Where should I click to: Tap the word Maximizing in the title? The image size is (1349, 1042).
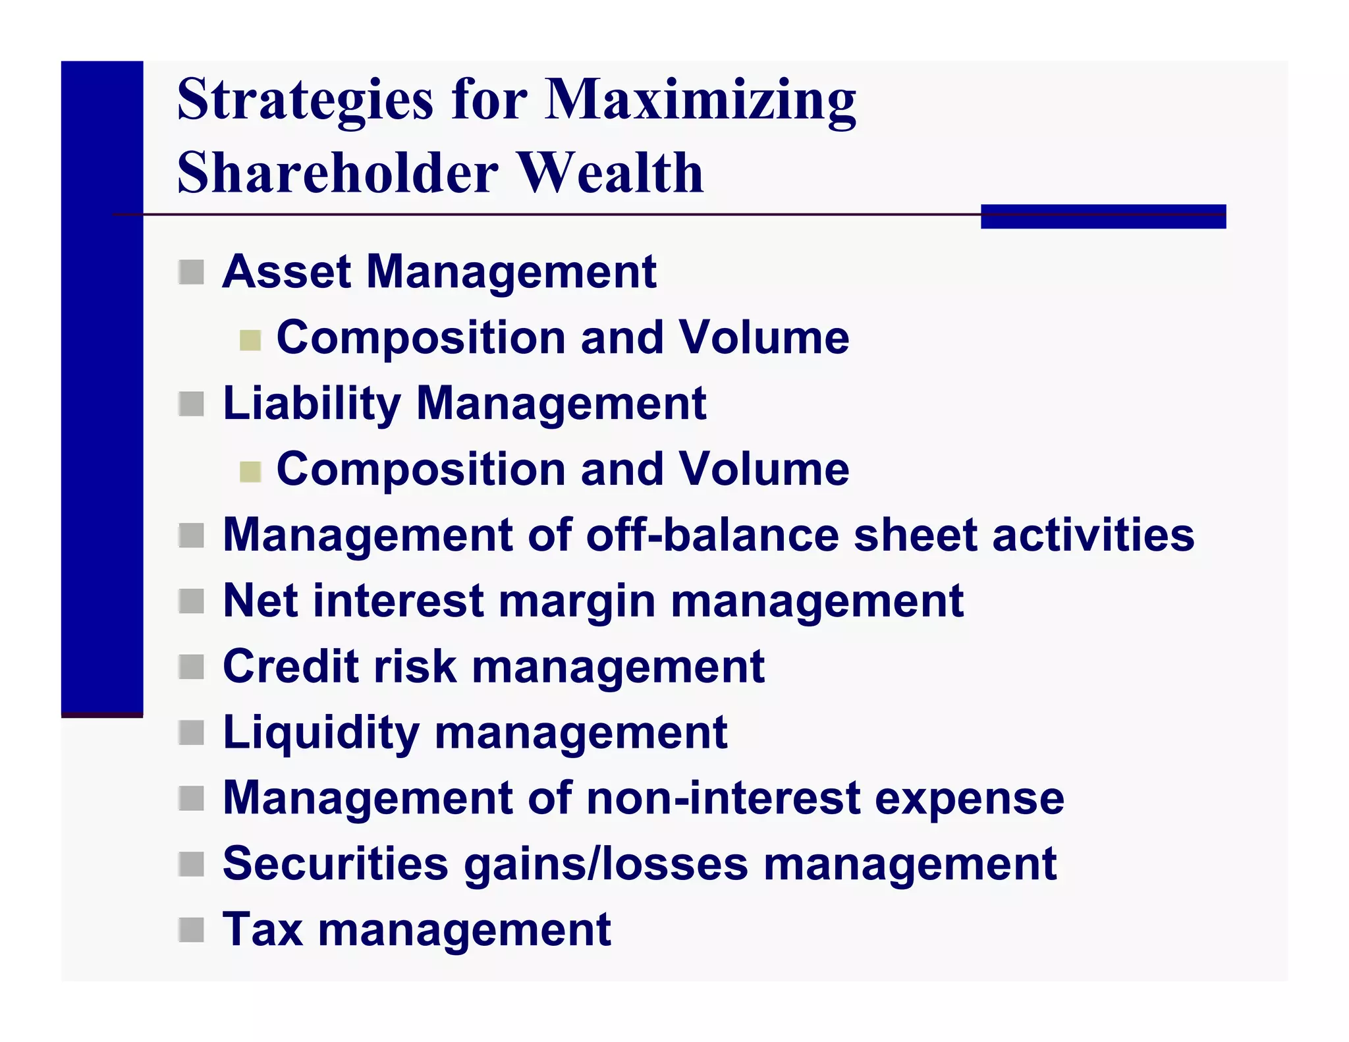point(701,100)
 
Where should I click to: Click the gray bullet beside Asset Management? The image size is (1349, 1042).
point(191,272)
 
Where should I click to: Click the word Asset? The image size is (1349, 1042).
point(287,271)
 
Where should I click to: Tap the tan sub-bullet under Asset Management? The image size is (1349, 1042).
point(250,340)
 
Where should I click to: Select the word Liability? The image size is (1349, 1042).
point(312,403)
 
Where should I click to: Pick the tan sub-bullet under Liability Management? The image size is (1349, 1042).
point(250,472)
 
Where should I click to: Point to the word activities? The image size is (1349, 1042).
point(1093,534)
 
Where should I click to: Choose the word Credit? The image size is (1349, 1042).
point(290,666)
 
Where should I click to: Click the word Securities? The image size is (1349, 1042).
point(335,864)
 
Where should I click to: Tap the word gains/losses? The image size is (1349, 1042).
point(606,864)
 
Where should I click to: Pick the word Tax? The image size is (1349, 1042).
point(263,929)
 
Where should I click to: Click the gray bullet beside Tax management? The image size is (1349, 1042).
point(191,930)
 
